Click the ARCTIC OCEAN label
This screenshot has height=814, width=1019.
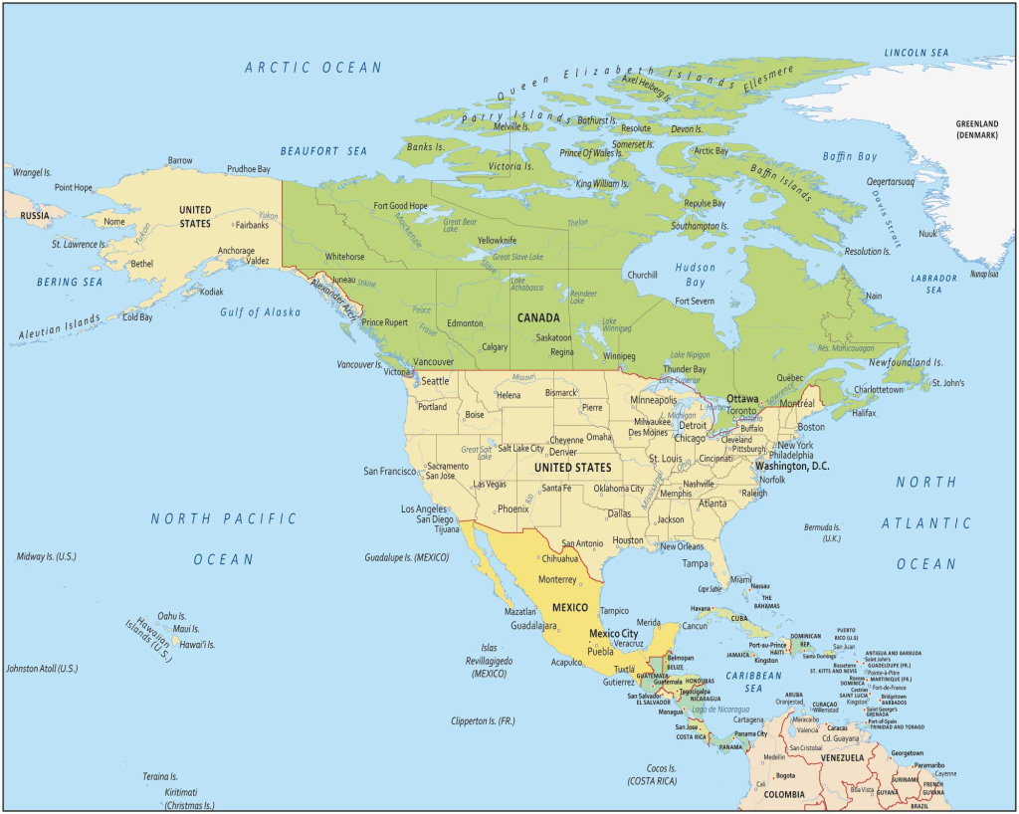[x=313, y=68]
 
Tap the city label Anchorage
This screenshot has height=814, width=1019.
[x=236, y=251]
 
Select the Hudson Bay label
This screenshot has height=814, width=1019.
[x=695, y=275]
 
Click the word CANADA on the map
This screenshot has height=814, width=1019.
[x=536, y=318]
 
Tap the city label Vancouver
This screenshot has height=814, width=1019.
[x=433, y=361]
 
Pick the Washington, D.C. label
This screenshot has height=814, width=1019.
[x=792, y=466]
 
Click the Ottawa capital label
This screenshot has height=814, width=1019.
[x=742, y=398]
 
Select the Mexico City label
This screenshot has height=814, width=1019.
[x=613, y=634]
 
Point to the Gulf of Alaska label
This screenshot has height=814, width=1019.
[x=260, y=311]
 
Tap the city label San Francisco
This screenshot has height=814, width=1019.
[x=389, y=471]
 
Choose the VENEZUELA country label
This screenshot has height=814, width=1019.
[x=822, y=758]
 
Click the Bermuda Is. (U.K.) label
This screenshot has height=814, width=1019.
[x=823, y=532]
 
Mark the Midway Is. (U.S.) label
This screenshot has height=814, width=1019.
[x=47, y=556]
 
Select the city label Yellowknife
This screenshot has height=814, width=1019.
[x=497, y=241]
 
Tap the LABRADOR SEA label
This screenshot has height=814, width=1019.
[x=933, y=284]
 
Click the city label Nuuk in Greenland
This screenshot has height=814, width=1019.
[x=927, y=233]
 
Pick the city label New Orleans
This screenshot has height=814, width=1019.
[x=682, y=546]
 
